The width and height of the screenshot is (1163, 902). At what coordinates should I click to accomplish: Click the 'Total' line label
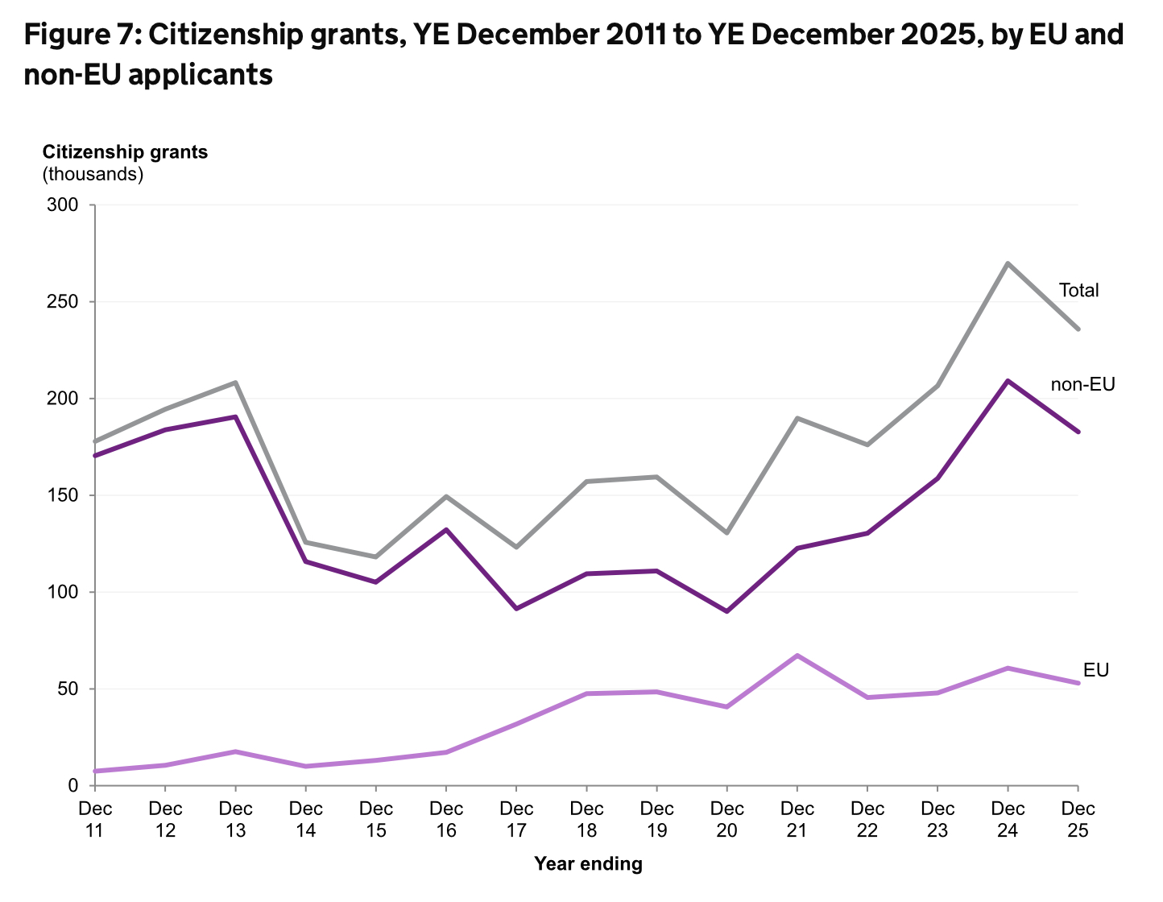pyautogui.click(x=1078, y=291)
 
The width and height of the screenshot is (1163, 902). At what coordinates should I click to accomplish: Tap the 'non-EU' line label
pyautogui.click(x=1082, y=385)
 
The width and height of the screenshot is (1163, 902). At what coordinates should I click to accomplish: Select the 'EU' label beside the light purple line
pyautogui.click(x=1095, y=670)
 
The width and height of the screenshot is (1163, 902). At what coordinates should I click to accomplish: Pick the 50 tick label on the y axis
pyautogui.click(x=71, y=689)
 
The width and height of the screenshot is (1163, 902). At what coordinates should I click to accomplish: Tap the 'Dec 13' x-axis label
pyautogui.click(x=235, y=819)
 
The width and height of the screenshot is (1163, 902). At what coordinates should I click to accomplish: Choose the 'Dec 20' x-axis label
pyautogui.click(x=727, y=819)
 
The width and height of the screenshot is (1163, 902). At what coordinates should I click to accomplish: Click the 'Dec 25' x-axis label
pyautogui.click(x=1078, y=819)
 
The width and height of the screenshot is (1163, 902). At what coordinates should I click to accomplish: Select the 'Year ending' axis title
pyautogui.click(x=589, y=864)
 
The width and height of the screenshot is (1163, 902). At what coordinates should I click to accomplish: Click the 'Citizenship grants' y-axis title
pyautogui.click(x=125, y=152)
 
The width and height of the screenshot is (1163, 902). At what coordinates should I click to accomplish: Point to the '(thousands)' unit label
pyautogui.click(x=93, y=173)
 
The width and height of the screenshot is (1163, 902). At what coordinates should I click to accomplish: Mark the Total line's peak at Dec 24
pyautogui.click(x=1008, y=263)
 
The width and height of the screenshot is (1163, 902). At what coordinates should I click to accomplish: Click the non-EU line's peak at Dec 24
pyautogui.click(x=1008, y=380)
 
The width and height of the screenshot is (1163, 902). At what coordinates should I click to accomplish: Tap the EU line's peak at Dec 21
pyautogui.click(x=797, y=656)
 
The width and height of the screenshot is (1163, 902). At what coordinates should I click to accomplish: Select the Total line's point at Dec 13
pyautogui.click(x=235, y=383)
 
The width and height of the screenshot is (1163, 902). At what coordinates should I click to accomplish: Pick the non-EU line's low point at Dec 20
pyautogui.click(x=727, y=611)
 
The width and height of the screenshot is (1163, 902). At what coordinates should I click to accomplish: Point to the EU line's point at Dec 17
pyautogui.click(x=516, y=724)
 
